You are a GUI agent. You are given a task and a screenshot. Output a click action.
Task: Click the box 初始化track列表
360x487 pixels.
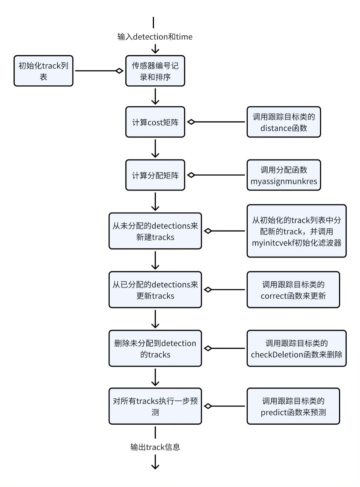tap(43, 71)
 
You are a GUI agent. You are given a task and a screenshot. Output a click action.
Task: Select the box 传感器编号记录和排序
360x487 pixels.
tap(155, 71)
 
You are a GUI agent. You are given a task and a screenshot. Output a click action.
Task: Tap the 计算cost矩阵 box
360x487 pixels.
tap(155, 122)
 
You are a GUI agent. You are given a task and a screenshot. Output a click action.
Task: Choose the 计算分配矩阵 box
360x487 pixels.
tap(155, 175)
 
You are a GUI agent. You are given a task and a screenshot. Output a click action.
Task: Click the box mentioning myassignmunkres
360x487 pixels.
tap(284, 175)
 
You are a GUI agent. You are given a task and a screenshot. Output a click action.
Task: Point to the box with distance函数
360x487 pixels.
tap(284, 122)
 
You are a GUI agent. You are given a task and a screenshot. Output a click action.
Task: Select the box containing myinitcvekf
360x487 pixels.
tap(296, 231)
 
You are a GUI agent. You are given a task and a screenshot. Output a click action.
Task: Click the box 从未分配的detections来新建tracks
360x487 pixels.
tap(155, 231)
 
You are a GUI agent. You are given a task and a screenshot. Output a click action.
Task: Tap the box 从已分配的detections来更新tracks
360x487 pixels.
tap(155, 289)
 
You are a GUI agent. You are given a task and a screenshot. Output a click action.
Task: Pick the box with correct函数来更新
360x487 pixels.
tap(293, 289)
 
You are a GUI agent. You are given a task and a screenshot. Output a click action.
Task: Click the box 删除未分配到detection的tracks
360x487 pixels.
tap(155, 348)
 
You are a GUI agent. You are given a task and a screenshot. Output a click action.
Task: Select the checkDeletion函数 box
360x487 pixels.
tap(296, 348)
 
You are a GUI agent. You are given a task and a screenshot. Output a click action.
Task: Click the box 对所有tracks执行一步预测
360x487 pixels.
tap(155, 406)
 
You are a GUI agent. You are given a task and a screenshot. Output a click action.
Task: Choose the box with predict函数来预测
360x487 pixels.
tap(293, 406)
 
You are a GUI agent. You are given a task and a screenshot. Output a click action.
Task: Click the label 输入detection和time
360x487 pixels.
tap(155, 37)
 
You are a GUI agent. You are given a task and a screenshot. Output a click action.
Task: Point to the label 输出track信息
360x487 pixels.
tap(155, 447)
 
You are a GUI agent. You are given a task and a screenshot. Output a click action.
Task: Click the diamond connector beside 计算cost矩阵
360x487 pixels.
tap(191, 122)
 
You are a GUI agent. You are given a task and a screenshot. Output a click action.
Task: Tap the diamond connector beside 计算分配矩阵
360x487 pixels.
tap(191, 175)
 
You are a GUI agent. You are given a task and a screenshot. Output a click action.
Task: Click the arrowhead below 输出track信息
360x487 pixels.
tap(155, 466)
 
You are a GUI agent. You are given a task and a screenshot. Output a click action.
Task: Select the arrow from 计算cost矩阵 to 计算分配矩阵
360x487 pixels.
tap(155, 148)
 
